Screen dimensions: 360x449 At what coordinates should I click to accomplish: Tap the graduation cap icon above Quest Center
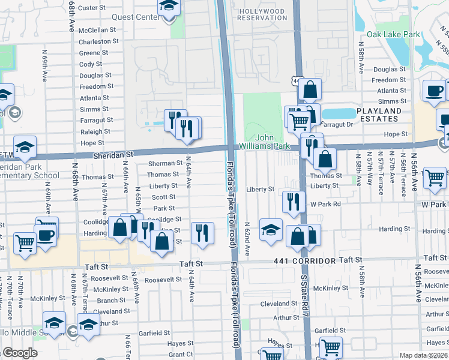pos(169,7)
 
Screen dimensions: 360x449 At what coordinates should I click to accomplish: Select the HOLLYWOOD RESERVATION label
pos(262,14)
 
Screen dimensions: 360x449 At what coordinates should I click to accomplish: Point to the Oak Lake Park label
pos(393,35)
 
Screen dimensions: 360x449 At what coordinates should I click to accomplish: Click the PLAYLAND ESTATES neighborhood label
pos(387,115)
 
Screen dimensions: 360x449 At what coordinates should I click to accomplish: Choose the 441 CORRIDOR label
pos(301,260)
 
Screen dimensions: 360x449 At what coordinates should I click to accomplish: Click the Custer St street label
pos(92,8)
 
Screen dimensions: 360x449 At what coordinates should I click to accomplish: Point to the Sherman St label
pos(165,163)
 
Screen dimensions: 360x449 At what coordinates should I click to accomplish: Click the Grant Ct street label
pos(180,355)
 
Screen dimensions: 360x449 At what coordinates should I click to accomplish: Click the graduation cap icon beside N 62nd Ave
pos(271,230)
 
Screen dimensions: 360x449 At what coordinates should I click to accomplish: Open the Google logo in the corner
pos(20,353)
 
